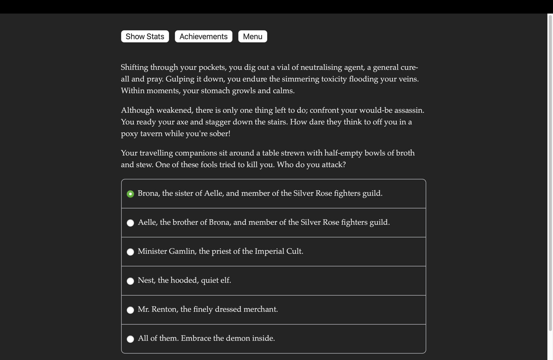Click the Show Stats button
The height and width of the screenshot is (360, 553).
(145, 36)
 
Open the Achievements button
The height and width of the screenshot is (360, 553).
(204, 36)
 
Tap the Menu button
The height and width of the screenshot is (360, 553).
(253, 36)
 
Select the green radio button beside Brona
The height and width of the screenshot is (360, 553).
(130, 194)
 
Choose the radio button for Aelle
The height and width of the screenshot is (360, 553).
(130, 223)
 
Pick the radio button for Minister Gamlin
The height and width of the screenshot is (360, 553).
(130, 252)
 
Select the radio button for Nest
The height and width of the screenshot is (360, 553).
(130, 281)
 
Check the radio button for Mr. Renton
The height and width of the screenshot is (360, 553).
(130, 310)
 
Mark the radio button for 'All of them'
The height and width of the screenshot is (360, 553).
(130, 339)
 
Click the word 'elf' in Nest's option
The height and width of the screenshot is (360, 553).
(225, 280)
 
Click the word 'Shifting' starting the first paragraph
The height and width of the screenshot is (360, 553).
(134, 67)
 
